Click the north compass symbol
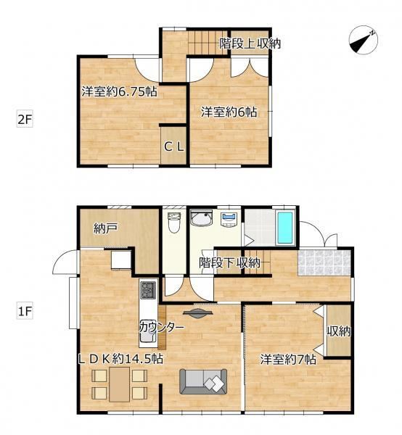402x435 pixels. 363,41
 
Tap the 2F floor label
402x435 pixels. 25,120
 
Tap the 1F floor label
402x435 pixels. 25,311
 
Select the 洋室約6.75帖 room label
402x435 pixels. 120,91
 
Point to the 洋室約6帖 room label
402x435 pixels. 229,112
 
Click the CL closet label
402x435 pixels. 174,146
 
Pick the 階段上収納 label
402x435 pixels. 250,43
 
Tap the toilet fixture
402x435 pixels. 174,223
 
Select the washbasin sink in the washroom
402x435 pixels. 201,218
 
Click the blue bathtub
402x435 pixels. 285,228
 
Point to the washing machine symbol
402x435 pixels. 229,219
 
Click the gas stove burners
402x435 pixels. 148,290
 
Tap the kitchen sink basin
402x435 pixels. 147,331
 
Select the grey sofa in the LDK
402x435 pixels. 203,381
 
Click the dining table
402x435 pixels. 120,384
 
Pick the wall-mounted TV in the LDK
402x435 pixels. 198,313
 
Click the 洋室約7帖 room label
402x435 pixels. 288,360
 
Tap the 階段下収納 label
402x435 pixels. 229,262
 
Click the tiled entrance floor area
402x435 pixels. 324,262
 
